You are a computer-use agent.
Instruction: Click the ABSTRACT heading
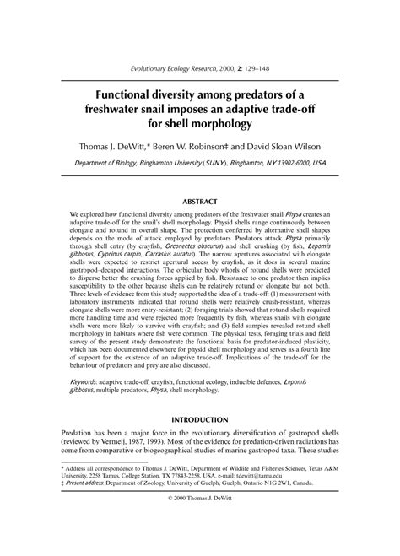200,201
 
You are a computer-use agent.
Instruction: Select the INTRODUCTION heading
200,420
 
